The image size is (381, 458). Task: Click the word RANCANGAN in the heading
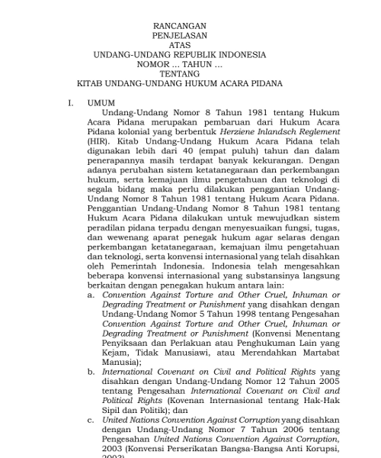click(180, 26)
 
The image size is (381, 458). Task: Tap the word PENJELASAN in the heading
click(180, 36)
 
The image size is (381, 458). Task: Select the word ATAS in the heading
click(180, 45)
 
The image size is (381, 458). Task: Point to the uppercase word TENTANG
click(180, 74)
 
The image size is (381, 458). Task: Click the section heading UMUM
click(101, 102)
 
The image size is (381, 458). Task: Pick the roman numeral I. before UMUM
click(70, 102)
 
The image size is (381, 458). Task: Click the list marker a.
click(91, 294)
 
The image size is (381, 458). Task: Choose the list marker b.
click(91, 372)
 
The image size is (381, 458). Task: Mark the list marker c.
click(91, 420)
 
